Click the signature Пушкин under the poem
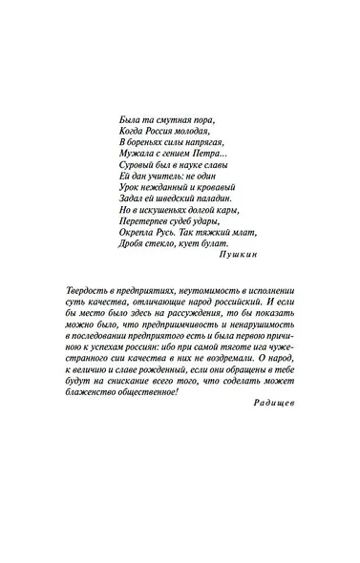coord(239,256)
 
